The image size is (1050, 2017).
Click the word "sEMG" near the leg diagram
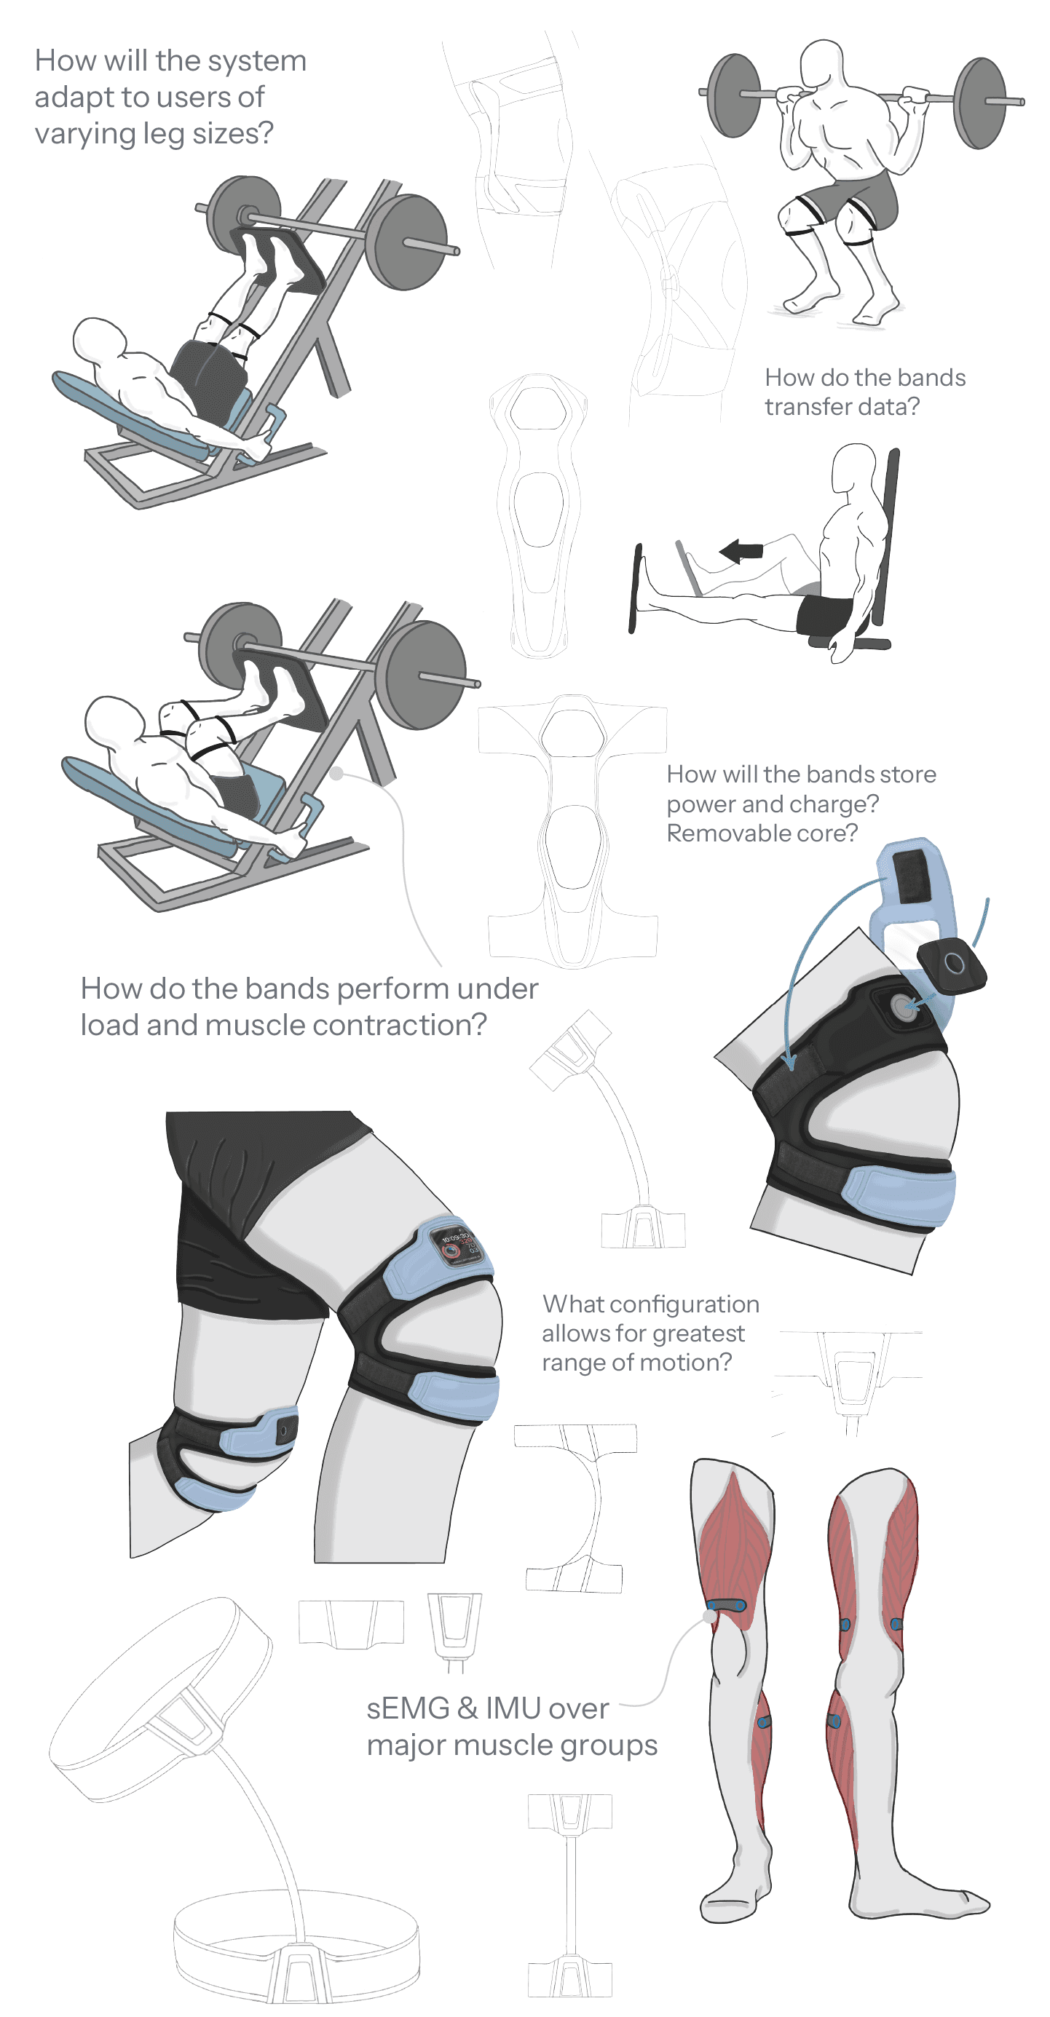[x=407, y=1708]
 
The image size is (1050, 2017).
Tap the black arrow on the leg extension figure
[x=741, y=550]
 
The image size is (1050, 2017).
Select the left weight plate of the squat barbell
[x=734, y=95]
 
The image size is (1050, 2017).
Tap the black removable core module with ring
[x=952, y=965]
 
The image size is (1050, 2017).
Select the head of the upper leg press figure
[x=98, y=338]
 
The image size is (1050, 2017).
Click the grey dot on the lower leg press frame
[x=336, y=774]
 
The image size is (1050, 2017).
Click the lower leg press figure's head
[x=114, y=717]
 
